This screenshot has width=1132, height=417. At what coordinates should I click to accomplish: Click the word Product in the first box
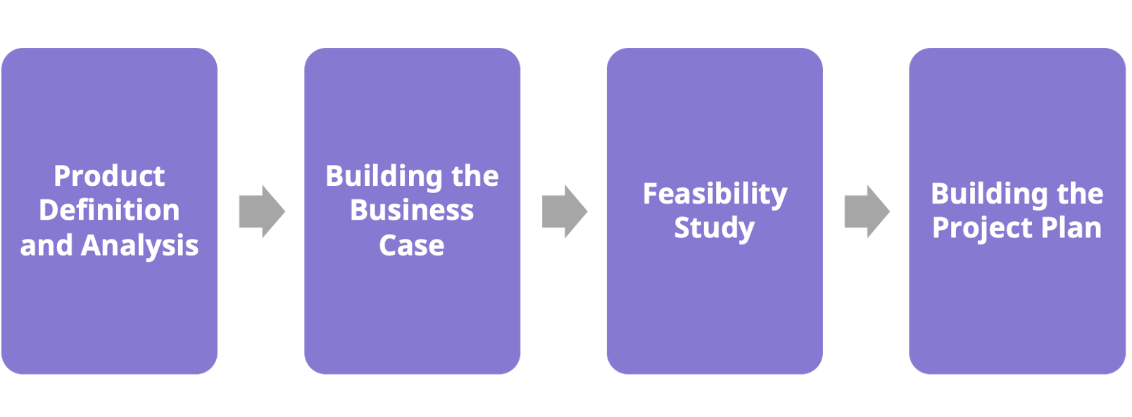click(109, 176)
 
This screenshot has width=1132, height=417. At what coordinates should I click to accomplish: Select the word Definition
click(109, 211)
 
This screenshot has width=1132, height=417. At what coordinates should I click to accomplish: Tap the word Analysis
click(140, 246)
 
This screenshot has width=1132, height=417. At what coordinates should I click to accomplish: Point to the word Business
click(412, 211)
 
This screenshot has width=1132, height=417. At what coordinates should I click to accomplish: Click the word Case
click(412, 246)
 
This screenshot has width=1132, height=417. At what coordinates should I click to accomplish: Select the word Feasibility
click(715, 194)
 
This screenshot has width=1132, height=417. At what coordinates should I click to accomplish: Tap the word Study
click(715, 228)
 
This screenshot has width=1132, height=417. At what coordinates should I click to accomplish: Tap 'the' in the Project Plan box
click(1080, 194)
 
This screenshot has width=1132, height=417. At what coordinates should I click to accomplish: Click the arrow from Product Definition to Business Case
click(261, 211)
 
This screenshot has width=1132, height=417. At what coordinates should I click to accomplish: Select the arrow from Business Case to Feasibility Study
click(564, 211)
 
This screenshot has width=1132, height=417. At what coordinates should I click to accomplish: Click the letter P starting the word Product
click(62, 176)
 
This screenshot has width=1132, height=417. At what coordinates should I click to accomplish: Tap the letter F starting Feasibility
click(650, 194)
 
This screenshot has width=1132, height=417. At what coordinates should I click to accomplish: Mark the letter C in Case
click(388, 246)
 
